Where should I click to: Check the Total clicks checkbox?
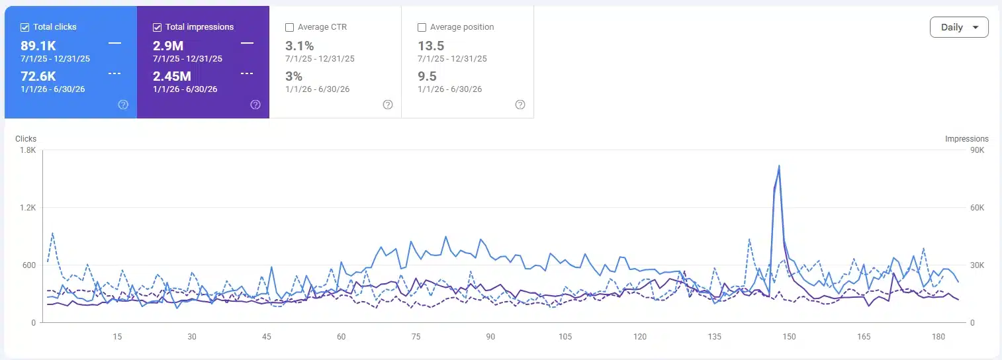tap(24, 27)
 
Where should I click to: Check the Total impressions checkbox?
tap(157, 27)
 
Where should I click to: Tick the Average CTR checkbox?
tap(289, 27)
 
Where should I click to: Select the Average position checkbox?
tap(422, 27)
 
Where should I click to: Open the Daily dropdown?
tap(959, 27)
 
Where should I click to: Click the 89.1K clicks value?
tap(38, 46)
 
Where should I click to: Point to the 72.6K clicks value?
tap(38, 76)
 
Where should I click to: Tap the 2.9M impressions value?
tap(168, 46)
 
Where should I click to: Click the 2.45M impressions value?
tap(172, 76)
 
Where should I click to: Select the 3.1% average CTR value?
tap(300, 46)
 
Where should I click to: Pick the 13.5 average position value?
tap(431, 46)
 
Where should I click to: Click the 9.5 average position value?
tap(427, 76)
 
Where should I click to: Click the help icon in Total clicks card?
tap(123, 105)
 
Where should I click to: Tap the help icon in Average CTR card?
tap(388, 105)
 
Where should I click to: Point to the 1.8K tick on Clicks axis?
tap(28, 150)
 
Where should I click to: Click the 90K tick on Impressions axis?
tap(978, 150)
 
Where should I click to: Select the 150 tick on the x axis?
tap(789, 337)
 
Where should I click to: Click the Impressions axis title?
tap(967, 139)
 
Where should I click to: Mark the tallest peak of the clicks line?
tap(779, 166)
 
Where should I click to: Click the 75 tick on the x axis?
tap(416, 337)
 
